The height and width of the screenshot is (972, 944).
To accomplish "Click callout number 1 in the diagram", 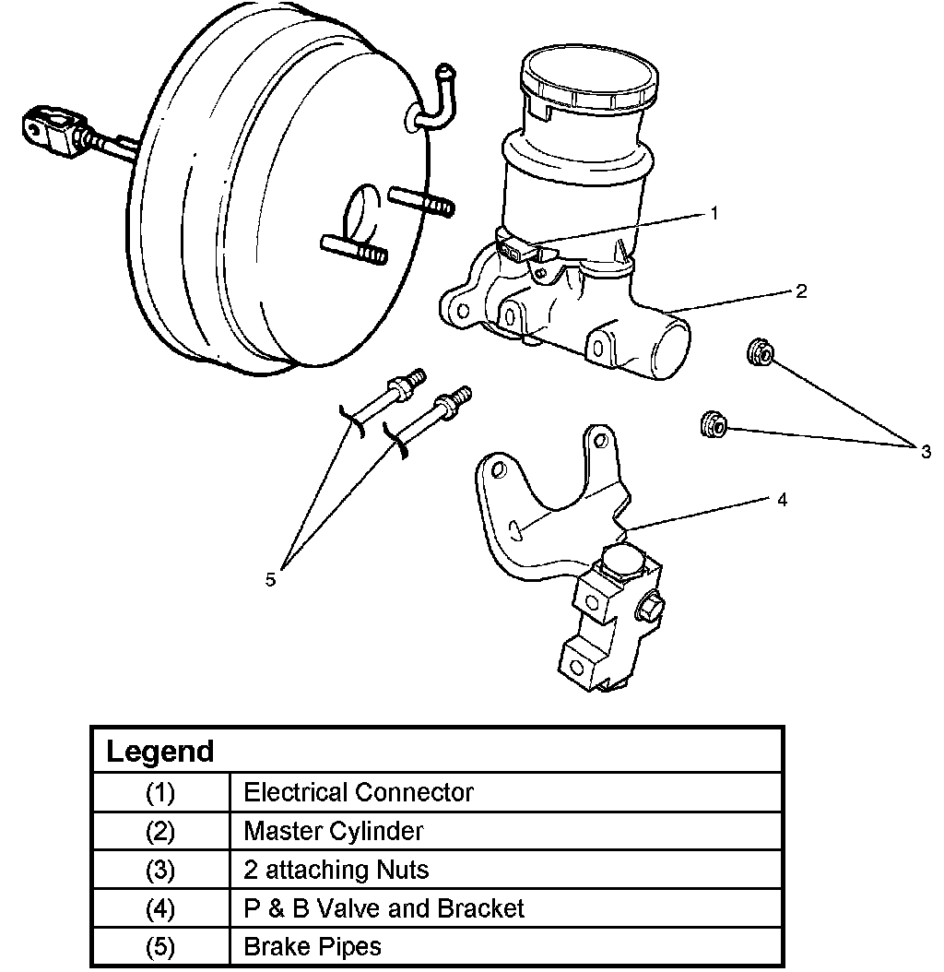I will [x=713, y=213].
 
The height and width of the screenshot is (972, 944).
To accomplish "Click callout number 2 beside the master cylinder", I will [x=801, y=291].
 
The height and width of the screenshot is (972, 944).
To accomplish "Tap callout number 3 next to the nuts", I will [x=925, y=451].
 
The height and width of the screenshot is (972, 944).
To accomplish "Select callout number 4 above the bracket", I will [x=782, y=500].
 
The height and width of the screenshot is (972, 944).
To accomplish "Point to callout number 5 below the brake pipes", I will [x=270, y=579].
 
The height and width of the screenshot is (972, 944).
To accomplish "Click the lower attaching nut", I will [x=714, y=424].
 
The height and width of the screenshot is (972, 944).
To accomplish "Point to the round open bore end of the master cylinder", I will [x=671, y=350].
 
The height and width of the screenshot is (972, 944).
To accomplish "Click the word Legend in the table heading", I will [x=160, y=751].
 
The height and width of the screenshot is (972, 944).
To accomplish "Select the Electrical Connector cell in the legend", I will [x=358, y=792].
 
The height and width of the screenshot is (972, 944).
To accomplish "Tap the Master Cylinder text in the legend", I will [x=334, y=831].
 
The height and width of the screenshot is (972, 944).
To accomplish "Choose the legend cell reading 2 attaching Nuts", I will [x=336, y=870].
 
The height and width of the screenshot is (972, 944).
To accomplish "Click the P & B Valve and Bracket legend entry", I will [x=383, y=908].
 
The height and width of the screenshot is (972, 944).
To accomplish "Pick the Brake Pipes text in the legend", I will [x=312, y=946].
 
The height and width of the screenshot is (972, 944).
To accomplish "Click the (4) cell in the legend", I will [x=160, y=908].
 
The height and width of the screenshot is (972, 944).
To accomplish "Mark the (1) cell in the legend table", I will [x=160, y=792].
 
